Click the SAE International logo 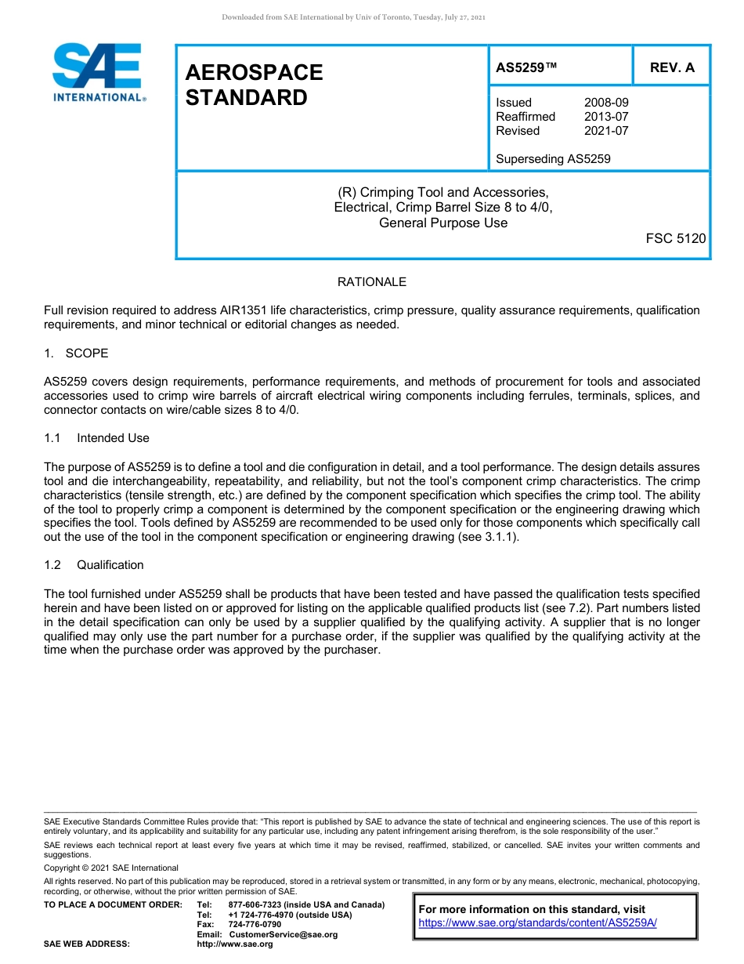tap(98, 72)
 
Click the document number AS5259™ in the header tap(526, 67)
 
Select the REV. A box tap(671, 67)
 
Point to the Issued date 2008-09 tap(605, 103)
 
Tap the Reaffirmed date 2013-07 tap(605, 117)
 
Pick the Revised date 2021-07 tap(605, 131)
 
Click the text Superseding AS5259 tap(553, 159)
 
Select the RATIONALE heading tap(371, 282)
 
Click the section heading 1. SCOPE tap(77, 353)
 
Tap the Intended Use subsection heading tap(113, 438)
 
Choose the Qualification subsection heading tap(110, 565)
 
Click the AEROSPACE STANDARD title tap(254, 85)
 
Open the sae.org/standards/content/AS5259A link tap(537, 923)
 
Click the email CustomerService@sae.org tap(283, 934)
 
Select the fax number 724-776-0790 tap(255, 925)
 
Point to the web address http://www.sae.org tap(235, 944)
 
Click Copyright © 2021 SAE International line tap(111, 868)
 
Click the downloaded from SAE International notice tap(353, 17)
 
